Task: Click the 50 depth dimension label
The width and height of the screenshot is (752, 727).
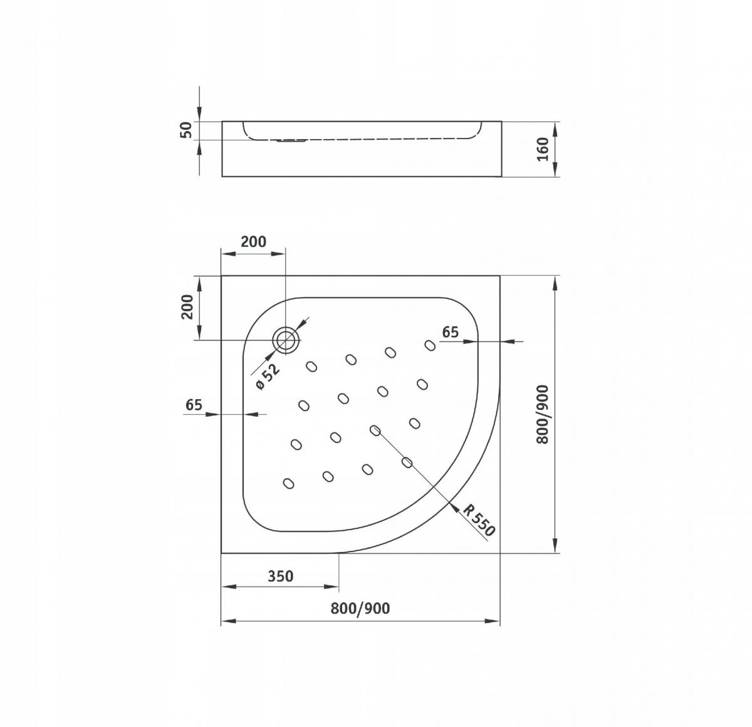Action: click(187, 130)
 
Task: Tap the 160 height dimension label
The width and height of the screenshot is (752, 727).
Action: click(543, 149)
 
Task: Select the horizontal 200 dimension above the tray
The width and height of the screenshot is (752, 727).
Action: click(254, 242)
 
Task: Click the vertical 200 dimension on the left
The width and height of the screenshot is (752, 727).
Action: click(187, 306)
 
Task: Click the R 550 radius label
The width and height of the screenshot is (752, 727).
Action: click(479, 520)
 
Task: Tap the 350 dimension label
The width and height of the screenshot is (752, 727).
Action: click(281, 576)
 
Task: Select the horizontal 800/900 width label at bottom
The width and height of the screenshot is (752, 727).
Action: click(360, 609)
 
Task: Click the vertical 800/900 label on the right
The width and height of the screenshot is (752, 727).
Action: click(543, 415)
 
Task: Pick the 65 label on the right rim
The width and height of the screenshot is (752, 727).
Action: click(450, 332)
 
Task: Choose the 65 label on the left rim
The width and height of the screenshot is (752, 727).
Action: click(194, 405)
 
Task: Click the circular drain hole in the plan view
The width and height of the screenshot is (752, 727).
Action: click(286, 340)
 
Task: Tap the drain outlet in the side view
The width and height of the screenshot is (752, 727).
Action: click(291, 140)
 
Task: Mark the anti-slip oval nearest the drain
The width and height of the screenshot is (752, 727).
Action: click(311, 367)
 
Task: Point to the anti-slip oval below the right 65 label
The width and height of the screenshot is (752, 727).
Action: click(430, 345)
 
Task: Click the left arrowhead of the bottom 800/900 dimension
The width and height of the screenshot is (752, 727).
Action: click(229, 621)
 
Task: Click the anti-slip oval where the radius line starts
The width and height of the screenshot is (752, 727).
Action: click(375, 430)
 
